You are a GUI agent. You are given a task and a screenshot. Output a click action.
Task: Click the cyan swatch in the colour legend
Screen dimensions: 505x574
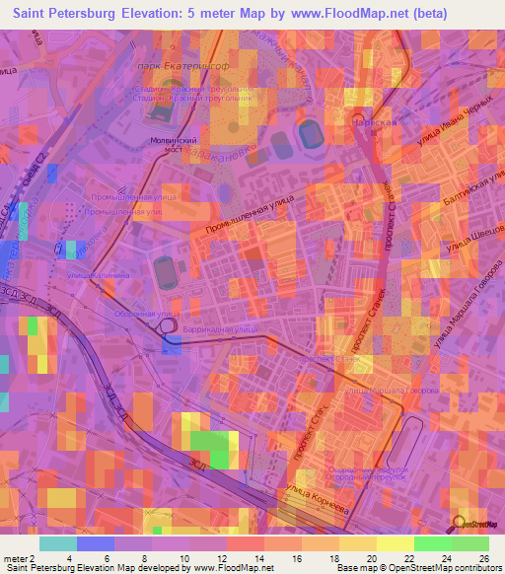(57, 543)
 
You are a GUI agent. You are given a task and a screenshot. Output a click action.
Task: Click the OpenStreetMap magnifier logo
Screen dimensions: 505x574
(460, 524)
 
